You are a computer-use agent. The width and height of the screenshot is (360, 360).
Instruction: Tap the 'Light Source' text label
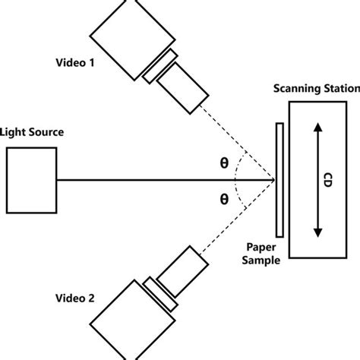point(32,131)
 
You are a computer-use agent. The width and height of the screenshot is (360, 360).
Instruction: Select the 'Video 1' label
point(74,63)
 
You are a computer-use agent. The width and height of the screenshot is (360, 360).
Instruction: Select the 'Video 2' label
point(74,298)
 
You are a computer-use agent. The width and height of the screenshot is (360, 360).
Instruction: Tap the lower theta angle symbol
point(223,199)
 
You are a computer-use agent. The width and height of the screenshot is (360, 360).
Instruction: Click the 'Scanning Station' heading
point(315,90)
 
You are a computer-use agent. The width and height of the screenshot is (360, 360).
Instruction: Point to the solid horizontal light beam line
point(152,180)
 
